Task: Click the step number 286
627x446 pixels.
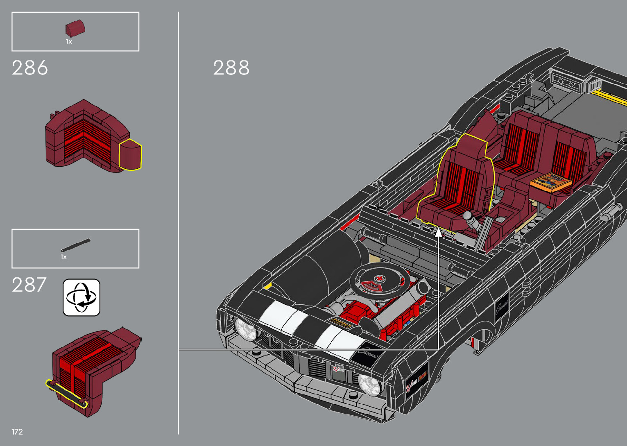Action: coord(30,68)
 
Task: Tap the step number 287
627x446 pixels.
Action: coord(29,285)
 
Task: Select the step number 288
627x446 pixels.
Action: coord(231,68)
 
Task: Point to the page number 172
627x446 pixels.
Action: coord(17,432)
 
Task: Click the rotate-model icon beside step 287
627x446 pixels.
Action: coord(81,298)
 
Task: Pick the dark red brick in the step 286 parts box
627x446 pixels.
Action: coord(75,28)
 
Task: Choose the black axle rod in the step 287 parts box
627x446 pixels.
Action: coord(75,245)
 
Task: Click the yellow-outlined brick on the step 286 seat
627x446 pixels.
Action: coord(130,154)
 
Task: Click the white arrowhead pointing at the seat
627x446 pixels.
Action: coord(439,232)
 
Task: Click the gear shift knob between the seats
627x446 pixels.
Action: coord(467,215)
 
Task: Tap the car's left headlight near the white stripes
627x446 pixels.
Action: coord(245,329)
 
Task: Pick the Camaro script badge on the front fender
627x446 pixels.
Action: coord(501,306)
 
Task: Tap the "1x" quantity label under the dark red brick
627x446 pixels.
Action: coord(69,42)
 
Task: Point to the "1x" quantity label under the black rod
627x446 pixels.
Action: coord(63,257)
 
